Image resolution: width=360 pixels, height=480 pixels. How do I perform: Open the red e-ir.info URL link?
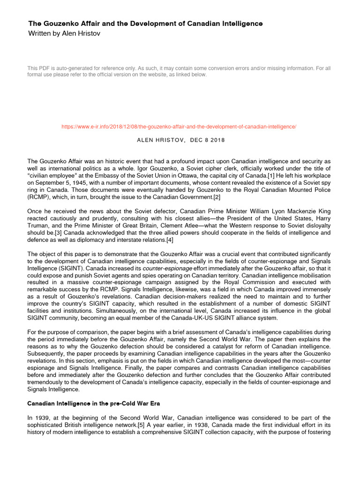180,127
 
